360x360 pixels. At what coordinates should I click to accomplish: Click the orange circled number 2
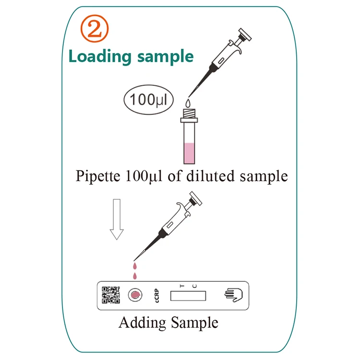point(95,29)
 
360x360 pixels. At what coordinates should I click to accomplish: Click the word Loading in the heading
point(100,57)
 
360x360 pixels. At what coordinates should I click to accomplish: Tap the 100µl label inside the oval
point(148,100)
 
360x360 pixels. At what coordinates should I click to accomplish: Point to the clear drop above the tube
point(188,103)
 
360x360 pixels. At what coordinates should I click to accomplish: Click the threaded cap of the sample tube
point(189,113)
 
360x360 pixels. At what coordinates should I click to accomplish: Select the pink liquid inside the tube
point(189,153)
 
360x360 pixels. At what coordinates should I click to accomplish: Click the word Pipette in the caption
point(98,176)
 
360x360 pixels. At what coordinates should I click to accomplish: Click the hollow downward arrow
point(117,219)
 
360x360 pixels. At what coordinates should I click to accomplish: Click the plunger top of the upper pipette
point(245,35)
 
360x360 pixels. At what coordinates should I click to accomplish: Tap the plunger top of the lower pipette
point(196,198)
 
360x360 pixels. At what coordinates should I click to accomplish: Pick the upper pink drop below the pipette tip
point(135,266)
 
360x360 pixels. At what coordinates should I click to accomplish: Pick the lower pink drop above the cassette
point(135,276)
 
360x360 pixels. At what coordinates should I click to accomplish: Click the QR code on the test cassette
point(111,295)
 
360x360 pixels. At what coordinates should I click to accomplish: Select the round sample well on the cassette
point(135,295)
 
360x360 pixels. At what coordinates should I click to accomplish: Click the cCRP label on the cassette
point(157,296)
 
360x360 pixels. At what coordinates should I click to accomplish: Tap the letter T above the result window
point(182,286)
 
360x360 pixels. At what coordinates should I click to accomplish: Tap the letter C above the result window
point(194,286)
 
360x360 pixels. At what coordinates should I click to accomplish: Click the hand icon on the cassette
point(233,295)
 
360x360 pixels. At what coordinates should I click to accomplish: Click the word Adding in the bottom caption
point(143,323)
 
